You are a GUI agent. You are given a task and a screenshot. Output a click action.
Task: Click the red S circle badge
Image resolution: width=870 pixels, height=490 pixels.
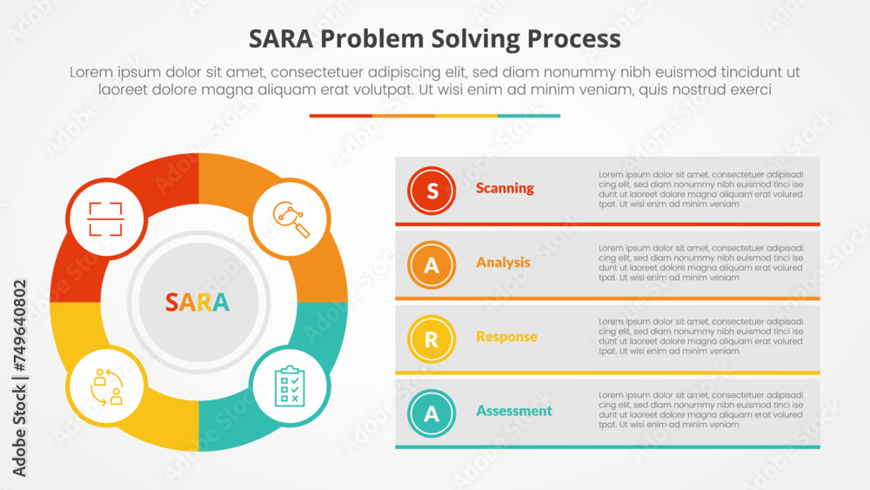(x=431, y=190)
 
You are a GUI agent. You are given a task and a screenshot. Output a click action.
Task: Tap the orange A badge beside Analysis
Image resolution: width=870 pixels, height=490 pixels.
(x=431, y=265)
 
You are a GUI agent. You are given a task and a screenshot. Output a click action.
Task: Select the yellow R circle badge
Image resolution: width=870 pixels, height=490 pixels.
(x=431, y=339)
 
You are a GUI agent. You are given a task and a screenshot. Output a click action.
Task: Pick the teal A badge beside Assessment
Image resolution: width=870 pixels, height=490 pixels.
(x=431, y=413)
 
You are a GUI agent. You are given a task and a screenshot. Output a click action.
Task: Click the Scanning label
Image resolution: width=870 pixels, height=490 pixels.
(x=505, y=188)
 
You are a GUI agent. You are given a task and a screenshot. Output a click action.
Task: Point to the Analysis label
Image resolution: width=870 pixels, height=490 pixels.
(x=503, y=262)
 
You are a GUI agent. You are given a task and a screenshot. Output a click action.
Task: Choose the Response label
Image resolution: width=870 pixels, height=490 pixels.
(x=506, y=337)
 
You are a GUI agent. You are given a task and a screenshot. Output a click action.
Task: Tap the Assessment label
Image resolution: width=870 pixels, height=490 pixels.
(x=513, y=411)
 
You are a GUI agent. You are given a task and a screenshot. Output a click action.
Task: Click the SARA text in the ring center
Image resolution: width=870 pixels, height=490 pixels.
(x=198, y=302)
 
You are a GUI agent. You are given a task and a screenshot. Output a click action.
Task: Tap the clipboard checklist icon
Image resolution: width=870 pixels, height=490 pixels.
(x=290, y=385)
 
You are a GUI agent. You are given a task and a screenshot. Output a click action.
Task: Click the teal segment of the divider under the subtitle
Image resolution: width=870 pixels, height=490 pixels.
(x=529, y=116)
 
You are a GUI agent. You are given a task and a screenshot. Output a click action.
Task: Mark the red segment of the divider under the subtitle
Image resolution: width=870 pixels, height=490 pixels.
(x=340, y=116)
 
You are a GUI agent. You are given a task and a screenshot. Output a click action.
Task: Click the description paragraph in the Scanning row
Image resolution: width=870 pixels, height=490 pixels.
(x=700, y=190)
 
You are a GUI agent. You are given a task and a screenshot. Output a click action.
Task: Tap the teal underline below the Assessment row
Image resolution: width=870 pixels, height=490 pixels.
(x=607, y=447)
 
